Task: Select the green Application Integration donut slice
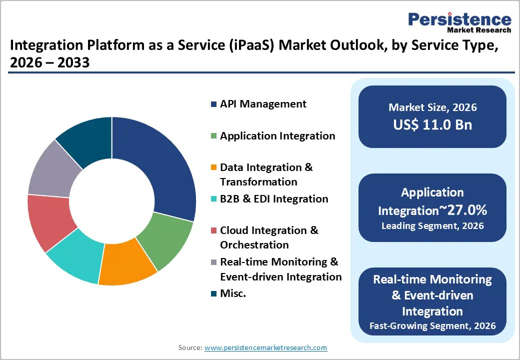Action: (167, 240)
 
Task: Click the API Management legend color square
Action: (213, 104)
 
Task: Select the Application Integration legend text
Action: (277, 135)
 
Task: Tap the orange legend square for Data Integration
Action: (213, 167)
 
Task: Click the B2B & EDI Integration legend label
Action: (274, 199)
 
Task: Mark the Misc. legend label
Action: (233, 293)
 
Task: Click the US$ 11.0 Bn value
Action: (432, 124)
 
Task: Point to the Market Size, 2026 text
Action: (432, 107)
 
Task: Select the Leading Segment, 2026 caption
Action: (432, 226)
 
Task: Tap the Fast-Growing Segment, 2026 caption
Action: (432, 326)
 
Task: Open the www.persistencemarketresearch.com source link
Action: (265, 347)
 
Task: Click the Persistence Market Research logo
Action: (459, 22)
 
